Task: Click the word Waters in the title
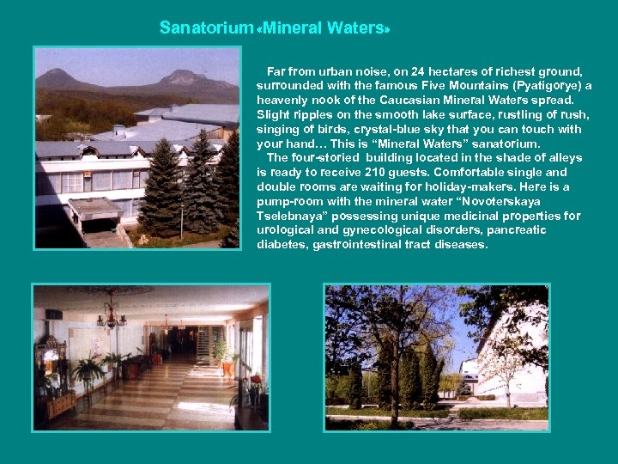point(357,28)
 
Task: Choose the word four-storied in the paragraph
point(325,158)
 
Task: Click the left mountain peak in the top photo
point(60,76)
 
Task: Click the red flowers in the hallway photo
point(255,379)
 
